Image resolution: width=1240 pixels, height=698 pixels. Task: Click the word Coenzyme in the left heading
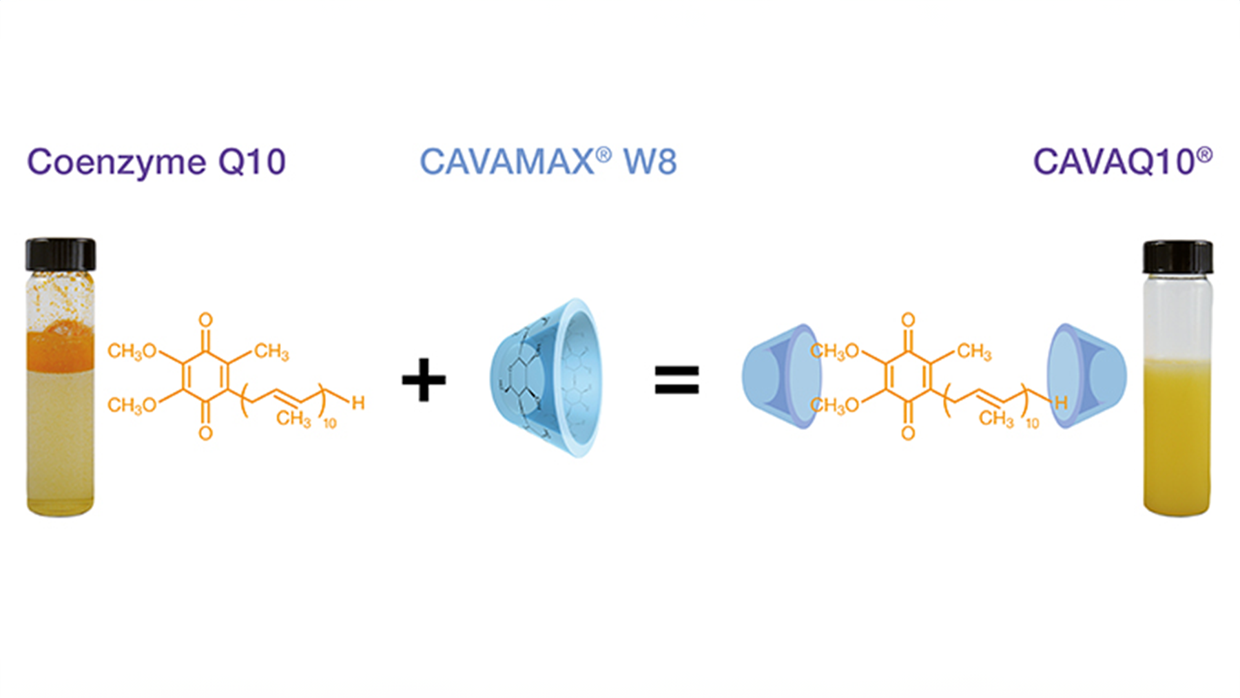(116, 163)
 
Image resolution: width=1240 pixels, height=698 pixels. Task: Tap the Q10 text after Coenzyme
(251, 163)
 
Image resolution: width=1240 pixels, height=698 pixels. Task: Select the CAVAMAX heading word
(507, 163)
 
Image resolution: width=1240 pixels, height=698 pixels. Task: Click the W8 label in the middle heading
(650, 163)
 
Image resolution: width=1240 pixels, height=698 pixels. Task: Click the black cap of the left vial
(61, 254)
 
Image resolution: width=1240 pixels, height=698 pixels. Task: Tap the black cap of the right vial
(1177, 257)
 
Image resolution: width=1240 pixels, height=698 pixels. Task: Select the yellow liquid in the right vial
(1177, 441)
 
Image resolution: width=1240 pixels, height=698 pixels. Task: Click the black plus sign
(424, 380)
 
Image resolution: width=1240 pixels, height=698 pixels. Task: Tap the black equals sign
(676, 380)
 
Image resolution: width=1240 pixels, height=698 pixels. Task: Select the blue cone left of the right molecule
(781, 377)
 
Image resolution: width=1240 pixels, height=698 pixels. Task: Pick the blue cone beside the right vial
(1087, 377)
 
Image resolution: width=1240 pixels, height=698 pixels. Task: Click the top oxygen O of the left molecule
(205, 320)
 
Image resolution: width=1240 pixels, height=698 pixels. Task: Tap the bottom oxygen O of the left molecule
(205, 433)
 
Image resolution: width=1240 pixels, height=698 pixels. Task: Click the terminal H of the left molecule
(358, 403)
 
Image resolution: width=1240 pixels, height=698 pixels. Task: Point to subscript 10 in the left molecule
(330, 423)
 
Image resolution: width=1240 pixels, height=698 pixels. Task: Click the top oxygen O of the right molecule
(908, 320)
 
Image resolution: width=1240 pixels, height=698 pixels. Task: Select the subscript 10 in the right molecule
(1032, 423)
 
